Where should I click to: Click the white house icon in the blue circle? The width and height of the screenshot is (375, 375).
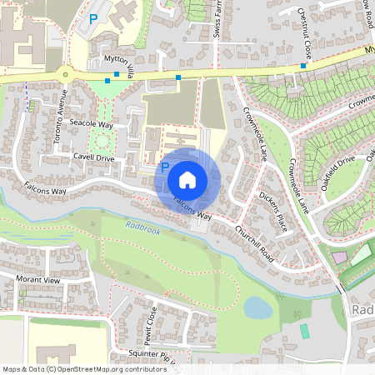tap(187, 178)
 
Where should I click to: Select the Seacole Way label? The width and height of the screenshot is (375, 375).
tap(91, 124)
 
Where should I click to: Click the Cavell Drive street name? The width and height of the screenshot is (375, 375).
tap(92, 157)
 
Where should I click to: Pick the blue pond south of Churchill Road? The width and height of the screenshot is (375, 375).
tap(258, 308)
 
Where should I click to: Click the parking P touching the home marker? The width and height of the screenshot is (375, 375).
tap(163, 167)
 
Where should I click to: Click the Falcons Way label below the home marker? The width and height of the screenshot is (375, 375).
tap(192, 208)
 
